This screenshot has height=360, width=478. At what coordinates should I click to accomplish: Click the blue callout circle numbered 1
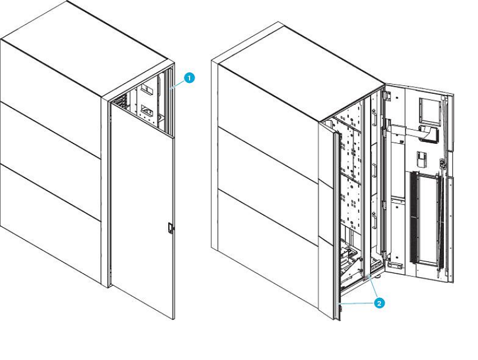pyautogui.click(x=189, y=78)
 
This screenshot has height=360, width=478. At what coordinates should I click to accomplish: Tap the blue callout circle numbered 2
pyautogui.click(x=379, y=303)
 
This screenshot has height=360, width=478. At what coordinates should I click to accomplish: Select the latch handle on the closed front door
pyautogui.click(x=170, y=228)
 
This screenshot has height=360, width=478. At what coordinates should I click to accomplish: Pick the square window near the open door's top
pyautogui.click(x=430, y=110)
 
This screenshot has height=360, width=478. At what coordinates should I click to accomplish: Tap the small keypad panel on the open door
pyautogui.click(x=421, y=159)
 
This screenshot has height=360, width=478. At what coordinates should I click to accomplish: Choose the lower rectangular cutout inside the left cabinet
pyautogui.click(x=148, y=110)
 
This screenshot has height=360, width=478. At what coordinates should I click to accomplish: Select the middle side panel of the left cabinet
pyautogui.click(x=50, y=161)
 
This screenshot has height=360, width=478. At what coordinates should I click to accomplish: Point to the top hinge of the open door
pyautogui.click(x=388, y=95)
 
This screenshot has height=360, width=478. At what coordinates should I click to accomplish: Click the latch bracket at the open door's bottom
pyautogui.click(x=396, y=266)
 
